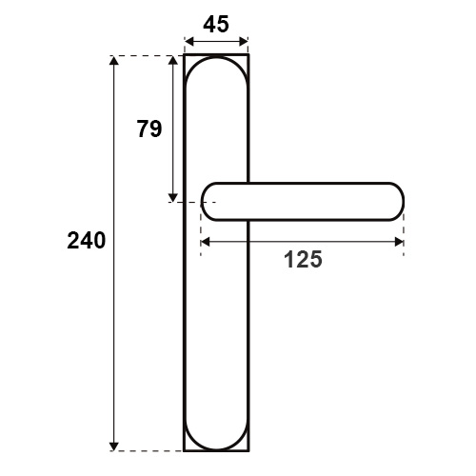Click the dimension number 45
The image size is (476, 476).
point(216,25)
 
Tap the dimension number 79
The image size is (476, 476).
point(149,129)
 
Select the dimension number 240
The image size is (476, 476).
point(87,241)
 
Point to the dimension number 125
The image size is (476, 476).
point(303,259)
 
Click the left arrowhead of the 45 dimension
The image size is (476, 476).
point(189,41)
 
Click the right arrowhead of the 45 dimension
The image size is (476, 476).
point(244,41)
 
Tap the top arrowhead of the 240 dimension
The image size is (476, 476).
point(114,60)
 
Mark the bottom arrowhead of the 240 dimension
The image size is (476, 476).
point(114,446)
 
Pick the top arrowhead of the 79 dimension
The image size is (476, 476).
point(173,60)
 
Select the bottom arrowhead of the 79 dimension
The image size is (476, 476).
point(173,197)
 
